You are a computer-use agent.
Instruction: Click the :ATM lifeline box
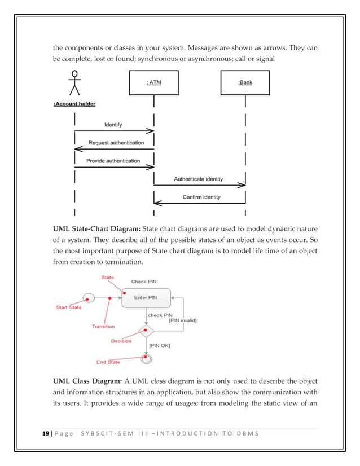(154, 83)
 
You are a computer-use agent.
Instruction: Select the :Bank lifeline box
(245, 83)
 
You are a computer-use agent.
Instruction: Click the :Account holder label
(74, 104)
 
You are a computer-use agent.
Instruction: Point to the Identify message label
(113, 124)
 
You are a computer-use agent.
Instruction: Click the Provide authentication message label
(113, 161)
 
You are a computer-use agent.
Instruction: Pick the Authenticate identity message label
(198, 179)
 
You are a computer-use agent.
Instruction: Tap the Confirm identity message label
(201, 197)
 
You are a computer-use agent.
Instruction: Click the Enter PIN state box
(146, 297)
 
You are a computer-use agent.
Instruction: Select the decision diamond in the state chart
(146, 329)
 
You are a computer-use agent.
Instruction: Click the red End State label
(106, 362)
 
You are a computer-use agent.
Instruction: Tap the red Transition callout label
(103, 326)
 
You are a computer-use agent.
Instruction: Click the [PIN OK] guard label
(160, 344)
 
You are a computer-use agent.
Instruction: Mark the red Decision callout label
(121, 341)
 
